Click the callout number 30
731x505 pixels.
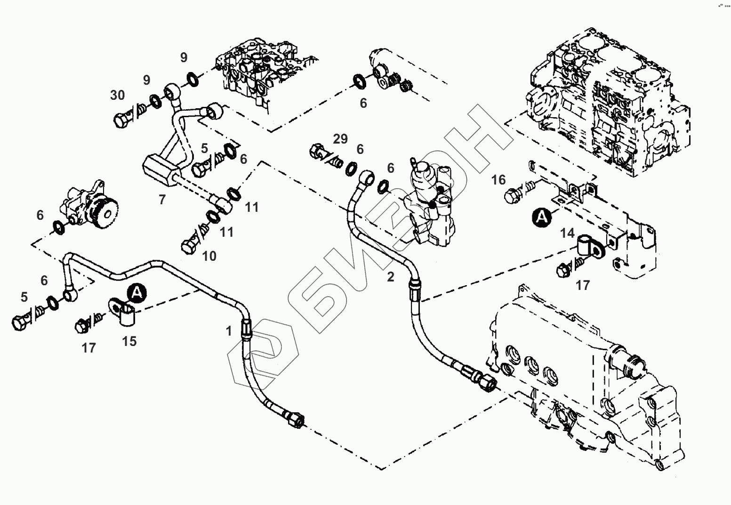pos(118,95)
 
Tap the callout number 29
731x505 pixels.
pos(340,139)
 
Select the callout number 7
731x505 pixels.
pos(162,200)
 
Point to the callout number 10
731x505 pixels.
pos(209,257)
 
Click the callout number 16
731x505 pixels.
pos(498,180)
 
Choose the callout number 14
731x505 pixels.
pos(567,233)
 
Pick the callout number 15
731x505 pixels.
pos(129,341)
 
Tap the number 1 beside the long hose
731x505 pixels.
pos(229,331)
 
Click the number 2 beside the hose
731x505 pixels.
pos(391,277)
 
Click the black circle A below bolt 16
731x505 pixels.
pos(542,217)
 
